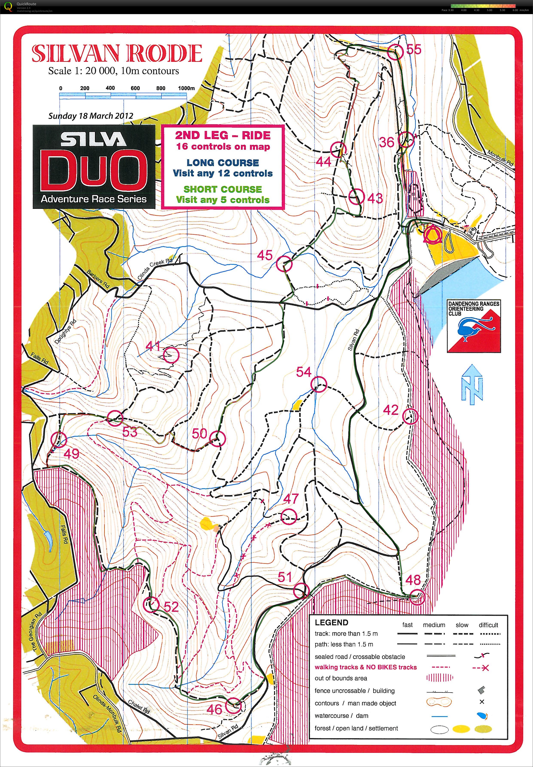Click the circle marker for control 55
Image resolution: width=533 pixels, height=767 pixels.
(396, 52)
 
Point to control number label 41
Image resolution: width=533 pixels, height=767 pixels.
(153, 346)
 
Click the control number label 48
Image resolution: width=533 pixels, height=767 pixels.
(413, 580)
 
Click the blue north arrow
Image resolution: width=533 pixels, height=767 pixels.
(472, 384)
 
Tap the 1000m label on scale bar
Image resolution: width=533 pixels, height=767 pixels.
(186, 88)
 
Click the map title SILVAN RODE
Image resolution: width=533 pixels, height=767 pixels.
(117, 53)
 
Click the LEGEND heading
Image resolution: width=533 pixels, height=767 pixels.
(331, 623)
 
